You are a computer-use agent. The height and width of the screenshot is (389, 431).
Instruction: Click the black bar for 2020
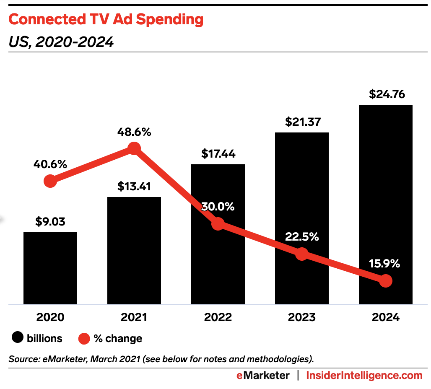(x=50, y=268)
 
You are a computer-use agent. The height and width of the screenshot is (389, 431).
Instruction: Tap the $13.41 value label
(x=134, y=186)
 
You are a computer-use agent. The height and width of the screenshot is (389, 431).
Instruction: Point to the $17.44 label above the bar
(x=218, y=153)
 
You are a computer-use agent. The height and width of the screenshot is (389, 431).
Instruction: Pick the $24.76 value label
(x=387, y=94)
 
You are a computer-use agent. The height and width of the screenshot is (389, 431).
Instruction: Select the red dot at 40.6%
(x=50, y=182)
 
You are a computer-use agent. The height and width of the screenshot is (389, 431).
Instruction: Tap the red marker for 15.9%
(x=386, y=281)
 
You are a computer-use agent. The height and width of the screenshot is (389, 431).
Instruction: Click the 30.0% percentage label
(x=218, y=207)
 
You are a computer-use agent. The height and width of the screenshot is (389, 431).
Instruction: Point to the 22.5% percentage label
(x=302, y=237)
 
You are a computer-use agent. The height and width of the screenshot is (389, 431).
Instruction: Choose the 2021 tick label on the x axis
(x=134, y=317)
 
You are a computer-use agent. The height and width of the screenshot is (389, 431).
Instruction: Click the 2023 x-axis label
(x=302, y=317)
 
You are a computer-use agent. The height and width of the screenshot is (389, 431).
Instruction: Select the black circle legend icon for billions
(x=18, y=338)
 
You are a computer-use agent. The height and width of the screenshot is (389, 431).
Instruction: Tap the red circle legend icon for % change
(x=84, y=338)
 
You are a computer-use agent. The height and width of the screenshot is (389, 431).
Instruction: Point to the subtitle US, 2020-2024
(x=61, y=42)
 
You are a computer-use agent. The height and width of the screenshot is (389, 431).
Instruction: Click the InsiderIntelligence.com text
(x=364, y=376)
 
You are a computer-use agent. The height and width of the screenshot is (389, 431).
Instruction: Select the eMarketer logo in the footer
(x=262, y=376)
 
